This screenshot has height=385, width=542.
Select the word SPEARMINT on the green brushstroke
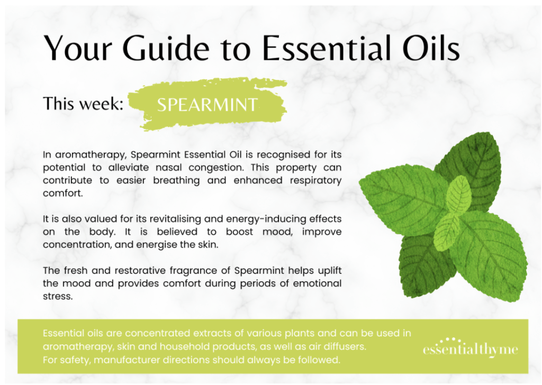pos(207,105)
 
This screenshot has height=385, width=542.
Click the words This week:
pos(83,103)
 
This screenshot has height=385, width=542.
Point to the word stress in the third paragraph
pos(58,296)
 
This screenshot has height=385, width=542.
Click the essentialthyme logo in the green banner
pos(471,347)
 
